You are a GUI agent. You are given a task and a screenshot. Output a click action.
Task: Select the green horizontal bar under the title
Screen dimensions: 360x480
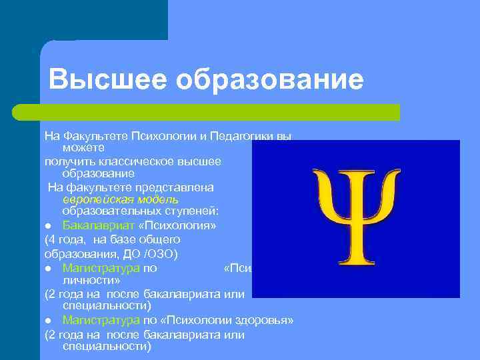[220, 112]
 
